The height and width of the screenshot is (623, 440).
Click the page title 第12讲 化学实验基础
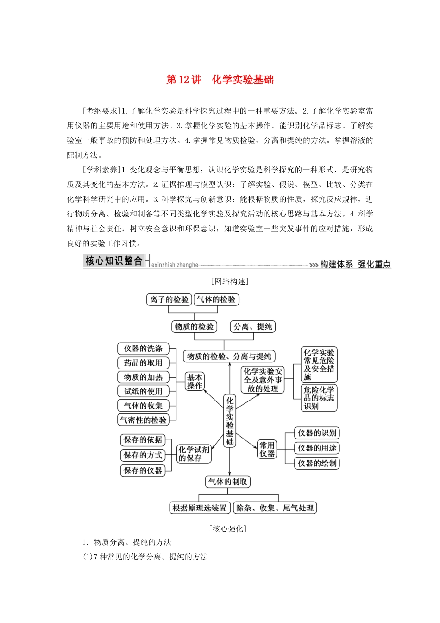[220, 80]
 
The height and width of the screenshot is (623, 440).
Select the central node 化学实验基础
[230, 421]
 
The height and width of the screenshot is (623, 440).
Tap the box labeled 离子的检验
[169, 299]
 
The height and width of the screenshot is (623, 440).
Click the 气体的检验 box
[216, 299]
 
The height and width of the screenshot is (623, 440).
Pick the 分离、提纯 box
[253, 327]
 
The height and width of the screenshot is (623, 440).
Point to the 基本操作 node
[195, 381]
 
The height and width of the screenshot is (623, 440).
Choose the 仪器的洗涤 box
[143, 349]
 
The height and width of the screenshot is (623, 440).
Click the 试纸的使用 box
[143, 391]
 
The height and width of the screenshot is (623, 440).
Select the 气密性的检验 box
[143, 420]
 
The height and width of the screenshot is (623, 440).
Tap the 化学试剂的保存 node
[194, 454]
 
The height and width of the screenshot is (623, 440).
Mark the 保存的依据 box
[143, 439]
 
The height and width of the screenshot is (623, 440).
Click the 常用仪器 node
[267, 449]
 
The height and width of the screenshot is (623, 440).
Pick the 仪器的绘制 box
[317, 463]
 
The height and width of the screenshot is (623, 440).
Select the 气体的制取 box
[228, 482]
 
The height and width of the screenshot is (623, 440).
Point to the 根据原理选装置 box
[200, 508]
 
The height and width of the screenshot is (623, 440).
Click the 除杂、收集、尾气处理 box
[275, 508]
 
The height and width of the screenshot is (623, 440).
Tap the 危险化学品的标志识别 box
[319, 398]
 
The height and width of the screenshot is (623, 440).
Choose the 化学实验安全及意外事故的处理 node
[263, 380]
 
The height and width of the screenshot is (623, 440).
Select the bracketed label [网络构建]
[230, 281]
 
